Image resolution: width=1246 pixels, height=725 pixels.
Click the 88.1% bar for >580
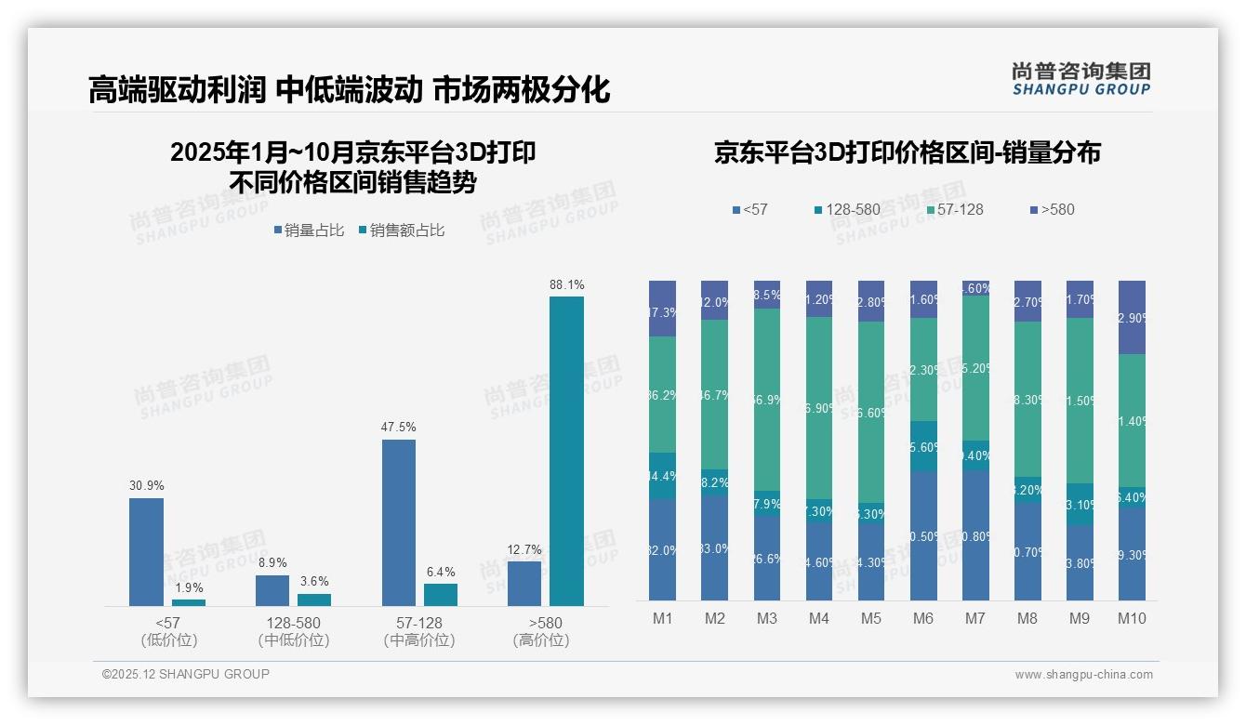coord(566,451)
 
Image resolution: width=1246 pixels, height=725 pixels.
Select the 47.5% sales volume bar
coord(399,522)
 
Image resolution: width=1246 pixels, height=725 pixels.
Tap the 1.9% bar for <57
coord(189,602)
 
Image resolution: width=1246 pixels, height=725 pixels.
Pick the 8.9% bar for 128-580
coord(272,590)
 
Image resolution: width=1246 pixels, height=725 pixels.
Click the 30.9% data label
coord(146,486)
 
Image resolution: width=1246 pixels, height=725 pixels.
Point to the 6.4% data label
coord(441,572)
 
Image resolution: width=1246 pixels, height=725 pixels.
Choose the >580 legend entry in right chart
coord(1052,210)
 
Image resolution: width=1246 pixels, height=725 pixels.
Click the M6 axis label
coord(923,619)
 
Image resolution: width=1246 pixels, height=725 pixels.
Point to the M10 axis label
coord(1131,619)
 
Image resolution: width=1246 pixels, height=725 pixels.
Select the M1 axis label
coord(663,619)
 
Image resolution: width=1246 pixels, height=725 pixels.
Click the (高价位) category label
coord(540,640)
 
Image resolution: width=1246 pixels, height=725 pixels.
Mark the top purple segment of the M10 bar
coord(1132,317)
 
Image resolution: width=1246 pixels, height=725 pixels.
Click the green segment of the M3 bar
coord(767,400)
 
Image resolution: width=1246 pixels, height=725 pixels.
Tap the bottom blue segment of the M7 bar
coord(975,534)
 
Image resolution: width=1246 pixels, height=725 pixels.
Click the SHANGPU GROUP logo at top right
coord(1080,79)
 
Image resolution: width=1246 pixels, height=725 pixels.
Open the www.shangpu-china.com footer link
coord(1083,675)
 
